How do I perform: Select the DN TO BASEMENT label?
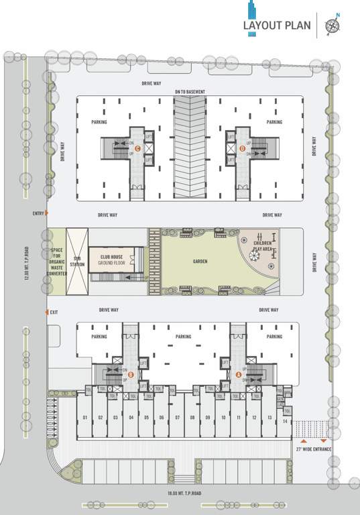pos(190,92)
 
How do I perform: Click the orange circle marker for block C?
pos(137,149)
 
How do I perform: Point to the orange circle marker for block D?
pos(242,149)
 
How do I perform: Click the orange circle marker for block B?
pos(131,375)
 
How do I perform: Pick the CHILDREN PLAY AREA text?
pos(263,245)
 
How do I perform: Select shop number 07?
pos(176,418)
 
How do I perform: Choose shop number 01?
pos(85,418)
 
